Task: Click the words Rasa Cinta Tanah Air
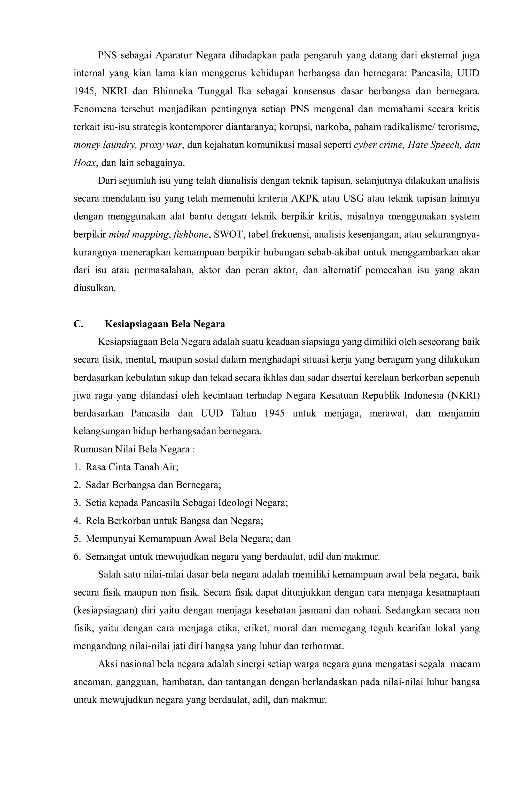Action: pos(132,467)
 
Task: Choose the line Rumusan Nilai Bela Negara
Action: pos(134,449)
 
